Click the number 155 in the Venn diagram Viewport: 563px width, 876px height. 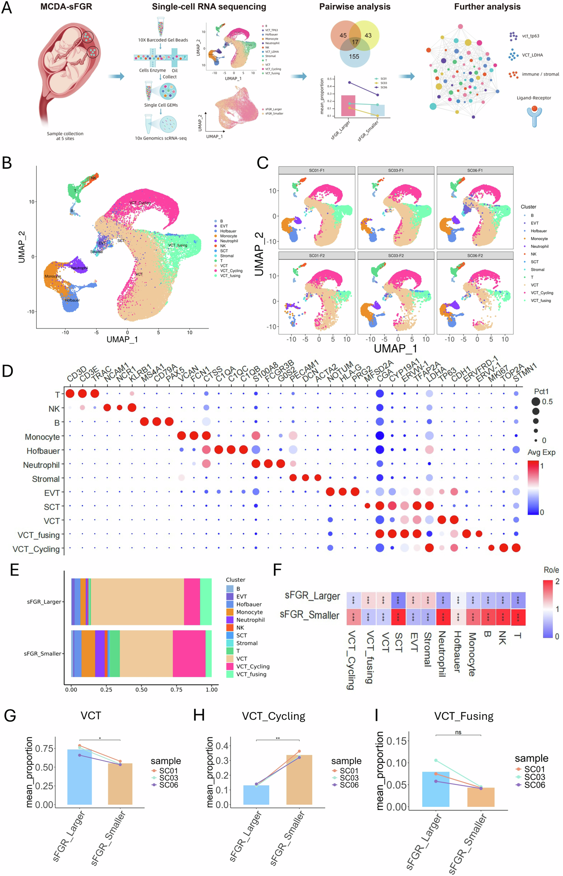pos(354,56)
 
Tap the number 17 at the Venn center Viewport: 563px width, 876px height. pos(355,42)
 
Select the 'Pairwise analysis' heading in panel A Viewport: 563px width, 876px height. pos(355,7)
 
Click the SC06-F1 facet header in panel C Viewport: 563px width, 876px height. pos(474,170)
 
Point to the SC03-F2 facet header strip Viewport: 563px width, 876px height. pos(396,255)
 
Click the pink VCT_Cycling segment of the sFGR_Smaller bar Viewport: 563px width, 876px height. pos(189,653)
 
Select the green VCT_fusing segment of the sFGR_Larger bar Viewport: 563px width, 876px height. pos(206,602)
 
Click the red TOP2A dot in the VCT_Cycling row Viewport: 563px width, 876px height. pos(503,548)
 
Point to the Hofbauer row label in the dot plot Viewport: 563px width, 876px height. pos(43,451)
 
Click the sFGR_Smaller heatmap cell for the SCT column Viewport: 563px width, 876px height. pos(398,617)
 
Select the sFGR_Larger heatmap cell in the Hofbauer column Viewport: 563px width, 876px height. pos(458,600)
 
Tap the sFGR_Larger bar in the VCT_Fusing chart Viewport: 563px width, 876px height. pos(436,789)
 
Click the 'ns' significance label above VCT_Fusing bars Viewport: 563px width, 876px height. pos(458,732)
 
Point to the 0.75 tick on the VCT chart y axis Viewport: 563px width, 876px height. pos(44,748)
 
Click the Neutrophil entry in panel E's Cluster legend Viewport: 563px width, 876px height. pos(250,620)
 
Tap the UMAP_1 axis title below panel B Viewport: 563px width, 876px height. pos(122,340)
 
